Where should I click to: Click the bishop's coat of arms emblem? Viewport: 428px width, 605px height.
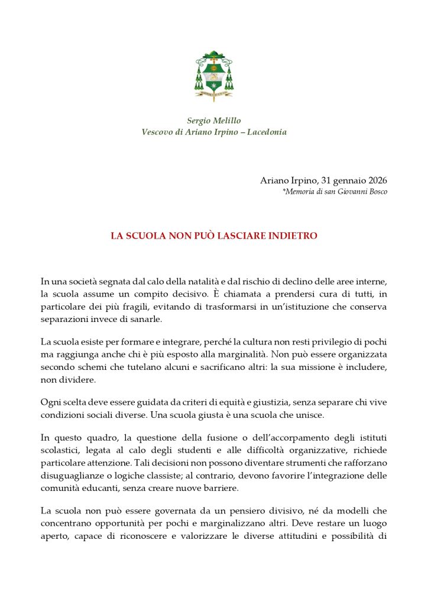pos(214,76)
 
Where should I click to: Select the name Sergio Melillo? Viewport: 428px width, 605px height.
pos(214,121)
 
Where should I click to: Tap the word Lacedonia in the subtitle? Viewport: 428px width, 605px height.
pos(267,132)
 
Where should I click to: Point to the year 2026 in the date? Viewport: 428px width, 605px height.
pos(374,180)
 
